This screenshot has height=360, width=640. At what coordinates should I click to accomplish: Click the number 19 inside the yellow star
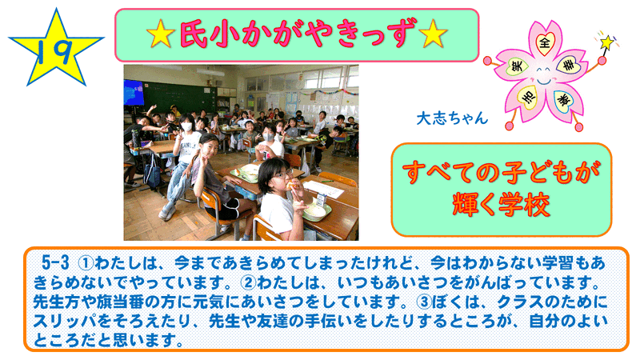coord(55,50)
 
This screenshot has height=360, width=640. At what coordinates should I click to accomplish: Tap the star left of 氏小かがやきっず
coord(161,34)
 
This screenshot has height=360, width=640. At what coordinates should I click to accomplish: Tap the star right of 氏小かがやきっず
coord(433,34)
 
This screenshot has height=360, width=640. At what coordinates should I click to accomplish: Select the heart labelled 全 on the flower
coord(545,42)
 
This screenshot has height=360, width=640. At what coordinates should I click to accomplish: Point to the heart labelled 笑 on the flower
coord(517,66)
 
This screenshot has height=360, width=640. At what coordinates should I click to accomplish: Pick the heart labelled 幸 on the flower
coord(569,64)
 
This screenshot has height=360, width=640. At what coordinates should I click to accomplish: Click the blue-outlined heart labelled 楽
coord(565,99)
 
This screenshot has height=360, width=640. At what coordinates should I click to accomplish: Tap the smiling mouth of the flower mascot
coord(543,82)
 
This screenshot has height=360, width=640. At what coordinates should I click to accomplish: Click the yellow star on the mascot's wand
coord(606,42)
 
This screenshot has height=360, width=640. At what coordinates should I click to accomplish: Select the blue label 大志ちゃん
coord(452,118)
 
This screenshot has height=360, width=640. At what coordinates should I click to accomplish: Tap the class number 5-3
coord(55,263)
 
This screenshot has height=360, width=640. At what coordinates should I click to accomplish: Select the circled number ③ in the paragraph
coord(424,302)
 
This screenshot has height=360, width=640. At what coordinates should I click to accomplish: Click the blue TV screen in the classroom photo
coord(134,94)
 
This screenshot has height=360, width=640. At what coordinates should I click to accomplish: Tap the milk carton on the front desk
coord(322,201)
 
